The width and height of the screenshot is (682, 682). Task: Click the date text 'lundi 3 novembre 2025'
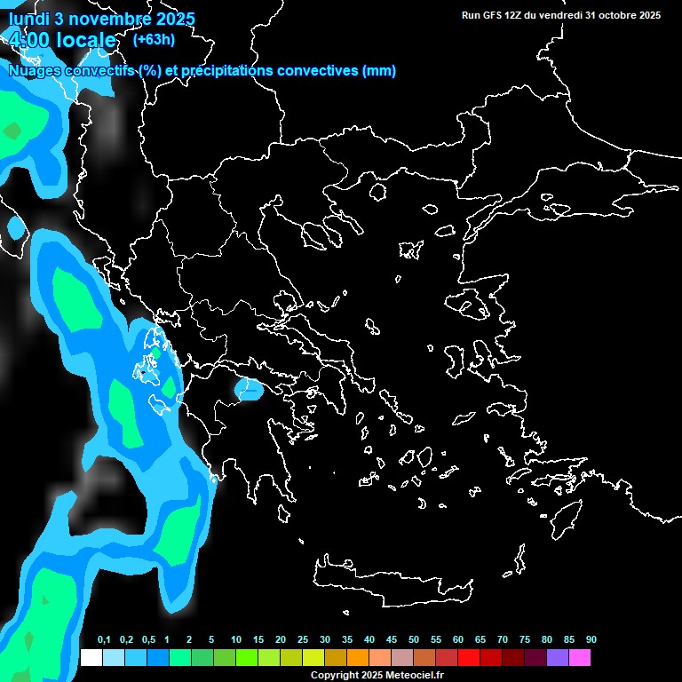click(x=102, y=19)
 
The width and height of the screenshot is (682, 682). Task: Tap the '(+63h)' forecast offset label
click(x=154, y=39)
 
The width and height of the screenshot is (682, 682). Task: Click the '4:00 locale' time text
click(x=61, y=40)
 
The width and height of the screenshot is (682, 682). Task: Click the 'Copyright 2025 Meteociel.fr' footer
click(x=377, y=675)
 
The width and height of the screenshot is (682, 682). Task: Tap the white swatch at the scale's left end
click(x=91, y=657)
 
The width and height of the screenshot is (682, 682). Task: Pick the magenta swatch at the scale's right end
click(x=579, y=657)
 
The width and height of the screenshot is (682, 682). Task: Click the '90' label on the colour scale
click(x=591, y=640)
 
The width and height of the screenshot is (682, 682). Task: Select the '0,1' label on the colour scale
click(x=103, y=640)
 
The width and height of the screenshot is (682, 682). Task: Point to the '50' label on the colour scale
click(x=414, y=640)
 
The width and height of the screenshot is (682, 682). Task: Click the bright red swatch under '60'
click(x=468, y=657)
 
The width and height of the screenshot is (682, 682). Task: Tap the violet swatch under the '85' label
click(x=557, y=657)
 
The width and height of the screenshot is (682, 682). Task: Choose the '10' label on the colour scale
click(x=236, y=640)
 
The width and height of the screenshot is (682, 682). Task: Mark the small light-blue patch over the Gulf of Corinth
click(x=249, y=389)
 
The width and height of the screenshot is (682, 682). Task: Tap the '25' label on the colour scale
click(x=303, y=640)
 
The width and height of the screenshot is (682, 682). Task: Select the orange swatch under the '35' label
click(x=357, y=657)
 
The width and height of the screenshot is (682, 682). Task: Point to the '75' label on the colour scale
click(x=525, y=640)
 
